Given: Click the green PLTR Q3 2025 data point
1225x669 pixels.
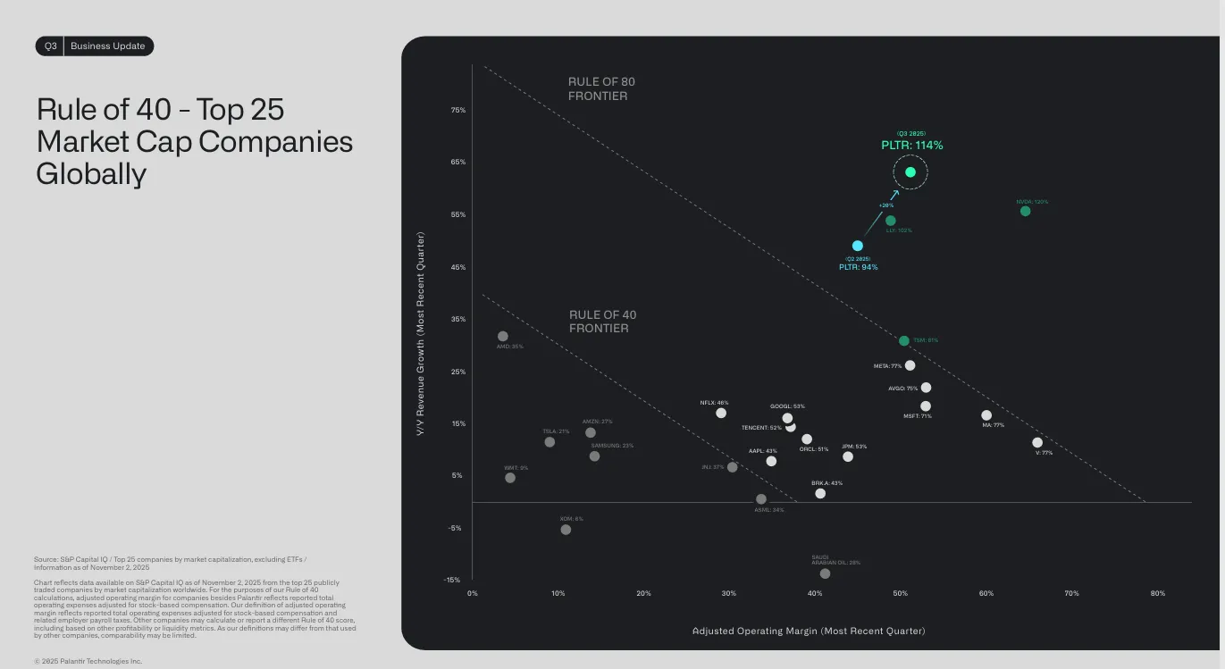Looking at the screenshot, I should pos(910,172).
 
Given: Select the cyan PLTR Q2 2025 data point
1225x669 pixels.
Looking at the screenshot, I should pos(858,246).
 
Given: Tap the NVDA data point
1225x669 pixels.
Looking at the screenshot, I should pos(1025,211).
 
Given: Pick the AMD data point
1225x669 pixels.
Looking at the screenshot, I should pos(503,337).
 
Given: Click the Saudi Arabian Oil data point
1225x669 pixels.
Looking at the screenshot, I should pos(825,573).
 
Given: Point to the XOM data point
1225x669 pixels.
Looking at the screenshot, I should pos(566,530).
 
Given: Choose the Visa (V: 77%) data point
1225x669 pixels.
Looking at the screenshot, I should pos(1037,442).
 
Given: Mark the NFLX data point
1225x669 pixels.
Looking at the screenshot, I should pos(721,413).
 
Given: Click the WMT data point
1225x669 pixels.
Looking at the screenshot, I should pos(510,478).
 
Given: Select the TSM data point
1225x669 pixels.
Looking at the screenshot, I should pos(904,341).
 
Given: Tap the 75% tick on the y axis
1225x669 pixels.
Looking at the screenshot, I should pos(457,111).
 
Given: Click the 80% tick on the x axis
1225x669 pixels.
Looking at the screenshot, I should pos(1158,593).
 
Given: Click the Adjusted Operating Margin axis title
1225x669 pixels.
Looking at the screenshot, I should pos(809,631).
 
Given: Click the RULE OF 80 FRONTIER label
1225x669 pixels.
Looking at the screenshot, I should pos(602,88).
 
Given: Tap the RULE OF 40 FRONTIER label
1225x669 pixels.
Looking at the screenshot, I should pos(602,322).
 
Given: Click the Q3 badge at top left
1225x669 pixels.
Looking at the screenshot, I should pos(50,46).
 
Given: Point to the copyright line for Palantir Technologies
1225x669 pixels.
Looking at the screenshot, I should pos(88,661).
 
